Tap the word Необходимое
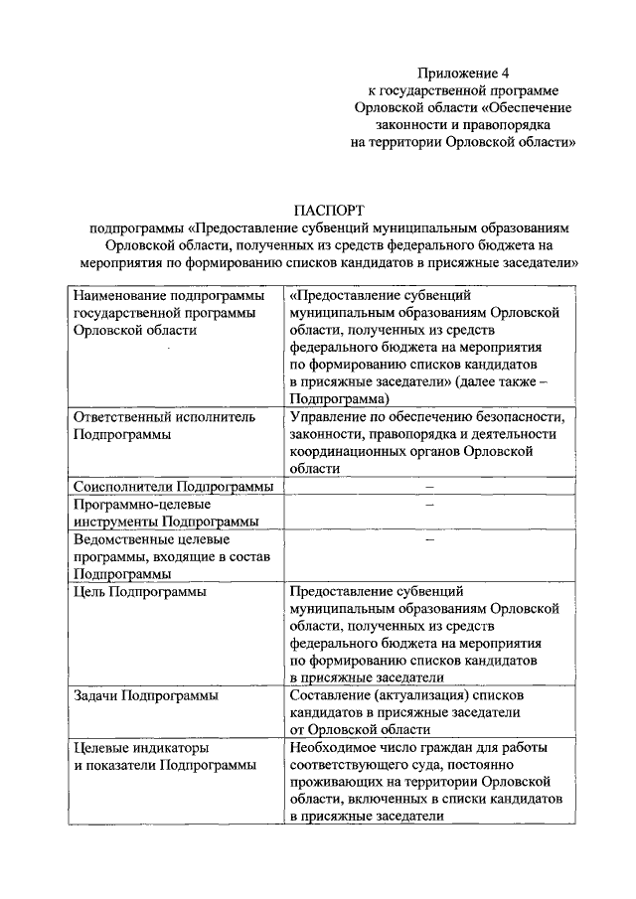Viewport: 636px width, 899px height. (x=334, y=747)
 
